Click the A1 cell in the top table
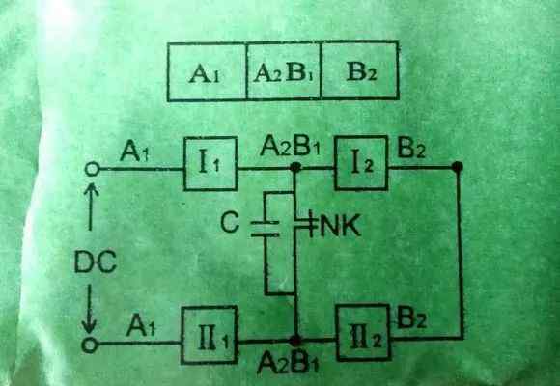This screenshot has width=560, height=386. [x=207, y=71]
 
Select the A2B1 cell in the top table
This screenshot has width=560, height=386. [x=284, y=70]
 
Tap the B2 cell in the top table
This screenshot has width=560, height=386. [x=359, y=70]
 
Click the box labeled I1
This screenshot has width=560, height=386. [x=210, y=163]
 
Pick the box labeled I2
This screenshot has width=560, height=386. [x=361, y=163]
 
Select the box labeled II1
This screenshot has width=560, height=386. [x=210, y=335]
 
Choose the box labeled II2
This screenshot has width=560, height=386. [x=364, y=333]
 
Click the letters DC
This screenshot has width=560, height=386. [x=96, y=262]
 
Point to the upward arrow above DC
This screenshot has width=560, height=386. [x=91, y=207]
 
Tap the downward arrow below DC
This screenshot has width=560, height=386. [x=89, y=309]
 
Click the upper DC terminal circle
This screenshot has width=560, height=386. [x=92, y=169]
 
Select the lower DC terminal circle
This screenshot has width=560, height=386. [x=90, y=345]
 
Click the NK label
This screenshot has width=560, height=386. [x=341, y=226]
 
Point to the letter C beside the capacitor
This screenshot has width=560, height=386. [x=230, y=222]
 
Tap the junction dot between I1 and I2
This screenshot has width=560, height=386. [x=295, y=167]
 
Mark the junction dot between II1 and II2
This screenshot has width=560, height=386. [x=295, y=341]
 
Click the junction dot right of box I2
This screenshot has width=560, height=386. [x=457, y=166]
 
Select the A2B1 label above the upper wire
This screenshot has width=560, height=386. [x=290, y=147]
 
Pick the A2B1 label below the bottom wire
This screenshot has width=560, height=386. [x=288, y=362]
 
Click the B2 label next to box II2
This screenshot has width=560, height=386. [x=411, y=317]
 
